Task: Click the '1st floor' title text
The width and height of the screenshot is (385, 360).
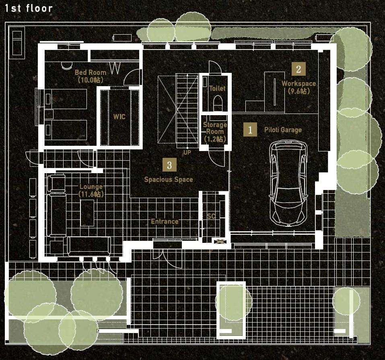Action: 29,8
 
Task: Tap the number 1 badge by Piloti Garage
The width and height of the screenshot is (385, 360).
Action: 250,130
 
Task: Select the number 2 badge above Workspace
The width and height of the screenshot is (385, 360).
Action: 299,69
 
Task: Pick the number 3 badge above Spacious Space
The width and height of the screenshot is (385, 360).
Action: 169,165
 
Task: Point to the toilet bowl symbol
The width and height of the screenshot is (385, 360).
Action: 218,103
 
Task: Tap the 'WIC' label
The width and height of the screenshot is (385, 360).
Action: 119,116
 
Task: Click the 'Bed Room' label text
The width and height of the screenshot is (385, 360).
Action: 91,72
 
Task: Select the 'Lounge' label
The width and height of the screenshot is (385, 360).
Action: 91,186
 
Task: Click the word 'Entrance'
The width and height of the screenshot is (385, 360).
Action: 165,221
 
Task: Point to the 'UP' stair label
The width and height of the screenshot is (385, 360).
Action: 187,153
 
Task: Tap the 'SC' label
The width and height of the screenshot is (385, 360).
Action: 211,216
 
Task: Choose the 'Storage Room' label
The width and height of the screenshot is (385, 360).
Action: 215,128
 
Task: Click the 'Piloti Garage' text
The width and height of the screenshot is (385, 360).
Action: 283,130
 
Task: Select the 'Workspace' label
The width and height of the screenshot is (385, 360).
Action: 299,83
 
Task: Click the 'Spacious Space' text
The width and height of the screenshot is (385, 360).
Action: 169,179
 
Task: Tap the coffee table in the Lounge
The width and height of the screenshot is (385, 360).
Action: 87,213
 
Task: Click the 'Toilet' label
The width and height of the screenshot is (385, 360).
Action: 217,88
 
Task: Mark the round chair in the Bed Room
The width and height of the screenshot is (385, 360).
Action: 66,65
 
